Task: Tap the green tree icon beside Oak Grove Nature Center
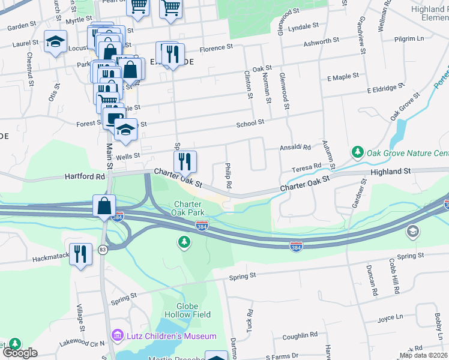pos(358,152)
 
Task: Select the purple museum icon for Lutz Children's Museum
pos(117,335)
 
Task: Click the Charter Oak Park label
pos(189,208)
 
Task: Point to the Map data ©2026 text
pos(423,355)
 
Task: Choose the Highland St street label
pos(390,171)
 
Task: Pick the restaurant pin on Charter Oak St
pos(185,161)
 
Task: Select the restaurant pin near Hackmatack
pos(80,253)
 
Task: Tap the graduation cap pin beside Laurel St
pos(55,41)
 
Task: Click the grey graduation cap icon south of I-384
pos(412,231)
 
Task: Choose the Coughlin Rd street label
pos(300,335)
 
